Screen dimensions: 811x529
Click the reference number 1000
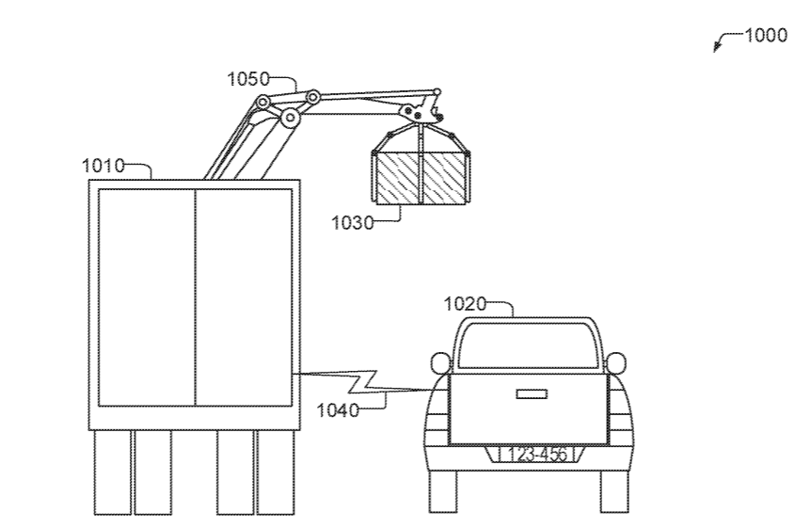(x=765, y=36)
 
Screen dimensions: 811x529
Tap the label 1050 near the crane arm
(x=247, y=79)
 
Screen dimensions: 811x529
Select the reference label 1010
(x=103, y=167)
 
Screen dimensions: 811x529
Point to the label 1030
(x=352, y=222)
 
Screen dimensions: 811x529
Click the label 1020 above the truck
(x=465, y=303)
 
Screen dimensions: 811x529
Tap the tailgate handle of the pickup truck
(x=533, y=393)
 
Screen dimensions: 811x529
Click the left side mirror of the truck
(x=439, y=363)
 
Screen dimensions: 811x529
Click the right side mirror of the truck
(x=615, y=363)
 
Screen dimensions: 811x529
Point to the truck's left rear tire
(x=443, y=490)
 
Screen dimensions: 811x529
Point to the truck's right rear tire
(x=613, y=490)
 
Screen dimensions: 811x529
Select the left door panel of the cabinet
(x=147, y=297)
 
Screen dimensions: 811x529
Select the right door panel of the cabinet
(x=243, y=297)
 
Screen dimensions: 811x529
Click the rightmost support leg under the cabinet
(x=276, y=473)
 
